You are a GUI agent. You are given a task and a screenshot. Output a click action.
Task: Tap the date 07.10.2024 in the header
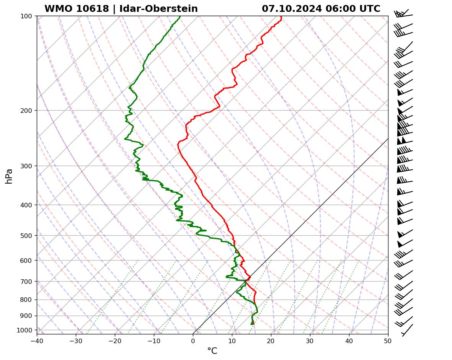pos(292,9)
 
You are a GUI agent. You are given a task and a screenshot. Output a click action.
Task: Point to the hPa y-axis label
pos(9,176)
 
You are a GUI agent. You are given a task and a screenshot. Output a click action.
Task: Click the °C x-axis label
pos(212,351)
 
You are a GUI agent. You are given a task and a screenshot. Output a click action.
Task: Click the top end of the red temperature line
pos(281,16)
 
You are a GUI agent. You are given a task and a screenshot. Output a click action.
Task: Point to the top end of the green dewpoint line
pos(180,16)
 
